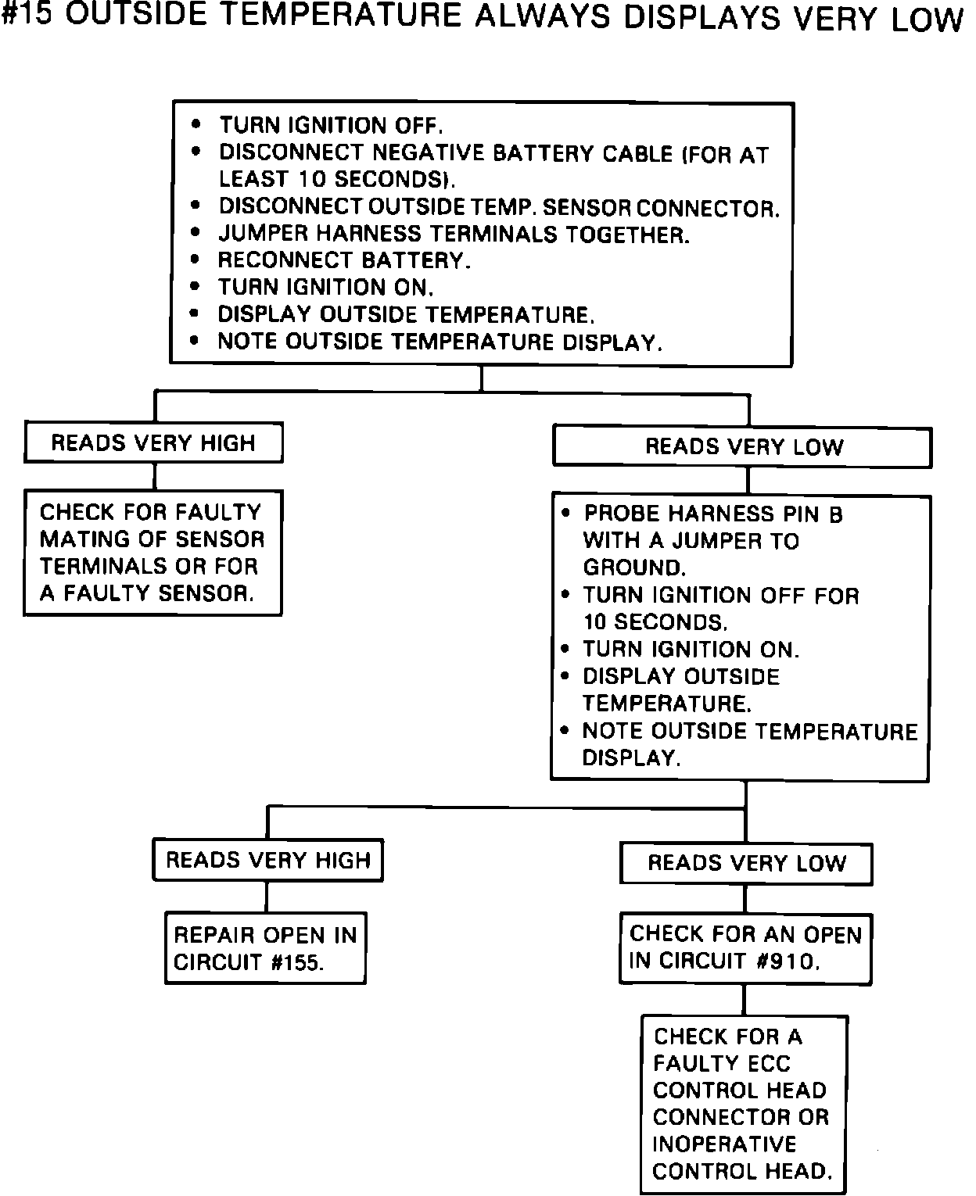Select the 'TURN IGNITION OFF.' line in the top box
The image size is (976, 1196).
[x=331, y=126]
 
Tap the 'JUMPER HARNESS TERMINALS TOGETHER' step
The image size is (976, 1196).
[x=454, y=235]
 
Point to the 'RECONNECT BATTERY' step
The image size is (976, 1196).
[x=344, y=260]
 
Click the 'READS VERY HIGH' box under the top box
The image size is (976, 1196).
[x=153, y=443]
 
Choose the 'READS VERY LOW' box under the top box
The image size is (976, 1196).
[x=743, y=447]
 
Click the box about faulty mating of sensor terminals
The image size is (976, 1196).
[x=152, y=553]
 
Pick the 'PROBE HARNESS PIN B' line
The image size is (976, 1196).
[x=712, y=514]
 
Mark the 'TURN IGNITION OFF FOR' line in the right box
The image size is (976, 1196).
[x=720, y=596]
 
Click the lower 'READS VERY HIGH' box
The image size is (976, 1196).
[x=267, y=861]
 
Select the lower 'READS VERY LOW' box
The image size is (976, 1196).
[x=746, y=864]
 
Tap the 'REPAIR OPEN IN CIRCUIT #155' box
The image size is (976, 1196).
[x=265, y=948]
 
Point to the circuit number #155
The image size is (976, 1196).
[x=296, y=963]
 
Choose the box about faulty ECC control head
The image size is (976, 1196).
[x=744, y=1104]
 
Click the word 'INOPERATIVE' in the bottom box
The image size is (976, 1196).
[x=724, y=1144]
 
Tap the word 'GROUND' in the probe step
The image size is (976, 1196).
[x=633, y=568]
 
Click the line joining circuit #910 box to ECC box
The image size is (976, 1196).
[x=744, y=1000]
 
